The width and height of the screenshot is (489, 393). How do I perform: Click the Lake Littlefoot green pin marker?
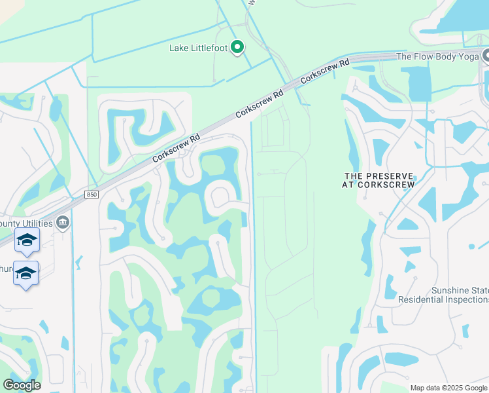coord(238,47)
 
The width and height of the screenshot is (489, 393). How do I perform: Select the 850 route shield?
coord(92,195)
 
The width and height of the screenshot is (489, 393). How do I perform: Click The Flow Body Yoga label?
coord(438,57)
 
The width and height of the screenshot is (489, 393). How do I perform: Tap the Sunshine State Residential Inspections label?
coord(443,295)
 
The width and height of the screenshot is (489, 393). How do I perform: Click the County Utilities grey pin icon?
coord(63,223)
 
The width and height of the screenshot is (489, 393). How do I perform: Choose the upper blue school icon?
coord(26,241)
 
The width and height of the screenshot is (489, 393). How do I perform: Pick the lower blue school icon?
coord(25,273)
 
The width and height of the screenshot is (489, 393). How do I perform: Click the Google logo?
coord(22,385)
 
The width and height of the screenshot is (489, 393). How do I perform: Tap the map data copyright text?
coord(448,388)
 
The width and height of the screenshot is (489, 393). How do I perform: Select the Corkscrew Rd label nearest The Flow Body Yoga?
coord(325,73)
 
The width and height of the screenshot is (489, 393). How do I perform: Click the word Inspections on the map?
coord(464,299)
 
